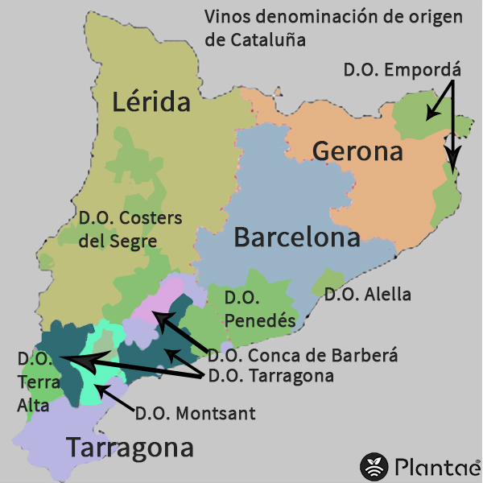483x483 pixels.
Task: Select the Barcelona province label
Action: (x=296, y=238)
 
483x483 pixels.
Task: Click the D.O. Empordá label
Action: (x=400, y=69)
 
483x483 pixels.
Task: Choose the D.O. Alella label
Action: (x=367, y=295)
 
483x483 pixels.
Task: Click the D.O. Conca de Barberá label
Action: (x=303, y=354)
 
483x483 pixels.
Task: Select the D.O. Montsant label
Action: (x=195, y=414)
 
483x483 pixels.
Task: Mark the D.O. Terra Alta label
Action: (x=33, y=382)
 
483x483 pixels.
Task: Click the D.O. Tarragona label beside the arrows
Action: (x=270, y=375)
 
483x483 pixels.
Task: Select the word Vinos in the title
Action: (x=225, y=16)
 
